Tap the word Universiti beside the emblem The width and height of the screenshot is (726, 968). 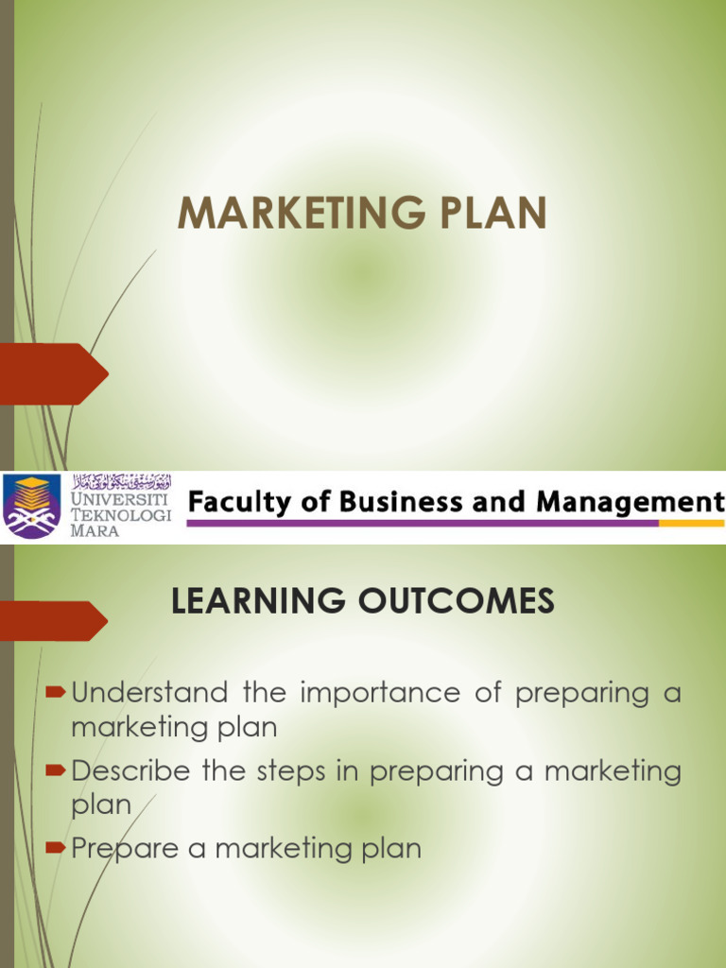point(120,498)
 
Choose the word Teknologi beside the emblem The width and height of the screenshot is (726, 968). point(122,515)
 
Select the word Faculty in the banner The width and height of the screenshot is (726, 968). point(233,502)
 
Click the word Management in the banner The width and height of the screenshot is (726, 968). point(630,501)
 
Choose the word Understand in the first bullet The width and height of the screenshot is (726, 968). point(149,693)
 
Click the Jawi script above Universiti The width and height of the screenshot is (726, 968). point(122,480)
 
